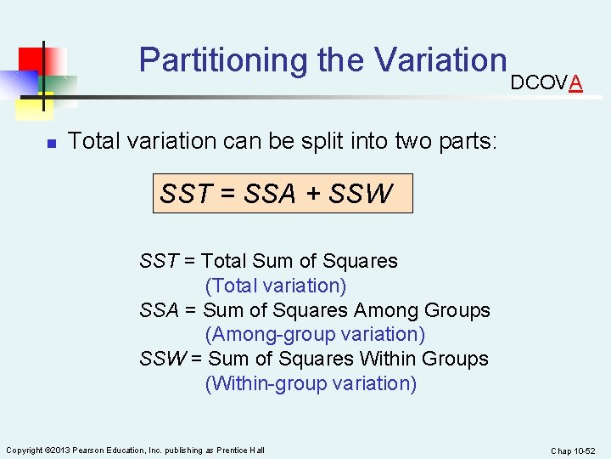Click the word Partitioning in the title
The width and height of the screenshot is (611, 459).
pos(223,60)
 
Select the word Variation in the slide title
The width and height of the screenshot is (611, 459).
pos(440,59)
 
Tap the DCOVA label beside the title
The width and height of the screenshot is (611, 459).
pos(546,82)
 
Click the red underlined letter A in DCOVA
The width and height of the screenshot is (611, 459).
pos(575,82)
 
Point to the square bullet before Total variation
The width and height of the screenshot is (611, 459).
pos(51,143)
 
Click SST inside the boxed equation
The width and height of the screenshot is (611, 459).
pos(185,194)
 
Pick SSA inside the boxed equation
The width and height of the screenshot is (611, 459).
pos(269,194)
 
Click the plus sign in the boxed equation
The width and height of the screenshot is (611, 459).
pos(313,195)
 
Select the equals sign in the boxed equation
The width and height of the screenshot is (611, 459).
pos(227,195)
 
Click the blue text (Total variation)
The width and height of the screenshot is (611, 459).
pos(276,286)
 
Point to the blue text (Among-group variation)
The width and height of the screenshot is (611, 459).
pos(315,335)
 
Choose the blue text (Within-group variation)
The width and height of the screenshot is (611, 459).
pos(311,383)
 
